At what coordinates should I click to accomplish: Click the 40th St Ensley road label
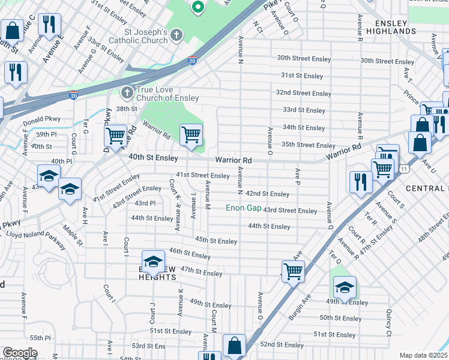[154, 158]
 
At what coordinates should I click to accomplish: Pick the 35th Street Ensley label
[308, 145]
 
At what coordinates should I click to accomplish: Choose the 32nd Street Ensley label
[303, 93]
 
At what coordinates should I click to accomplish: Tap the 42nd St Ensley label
[267, 194]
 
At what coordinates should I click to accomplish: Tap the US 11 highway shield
[406, 170]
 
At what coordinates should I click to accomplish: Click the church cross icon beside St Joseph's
[176, 35]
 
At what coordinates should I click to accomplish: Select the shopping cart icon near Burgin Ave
[293, 271]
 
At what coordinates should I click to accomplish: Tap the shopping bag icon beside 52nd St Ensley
[234, 346]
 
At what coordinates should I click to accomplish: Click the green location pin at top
[197, 7]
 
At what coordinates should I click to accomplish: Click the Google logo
[19, 353]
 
